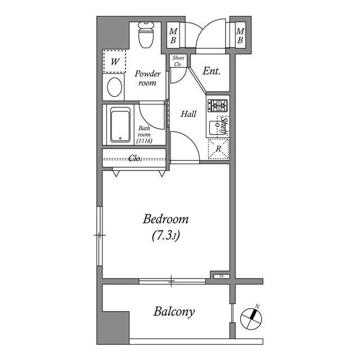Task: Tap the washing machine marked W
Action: tap(114, 62)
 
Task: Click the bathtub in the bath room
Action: tap(121, 124)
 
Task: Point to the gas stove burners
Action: tap(217, 105)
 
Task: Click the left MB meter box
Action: tap(173, 36)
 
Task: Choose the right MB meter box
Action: tap(240, 36)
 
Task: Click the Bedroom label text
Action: tap(165, 219)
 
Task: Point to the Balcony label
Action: tap(174, 312)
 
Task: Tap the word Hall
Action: tap(188, 114)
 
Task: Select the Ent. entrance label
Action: tap(211, 71)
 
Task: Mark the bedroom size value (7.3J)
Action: tap(165, 236)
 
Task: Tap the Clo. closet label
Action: tap(135, 158)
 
